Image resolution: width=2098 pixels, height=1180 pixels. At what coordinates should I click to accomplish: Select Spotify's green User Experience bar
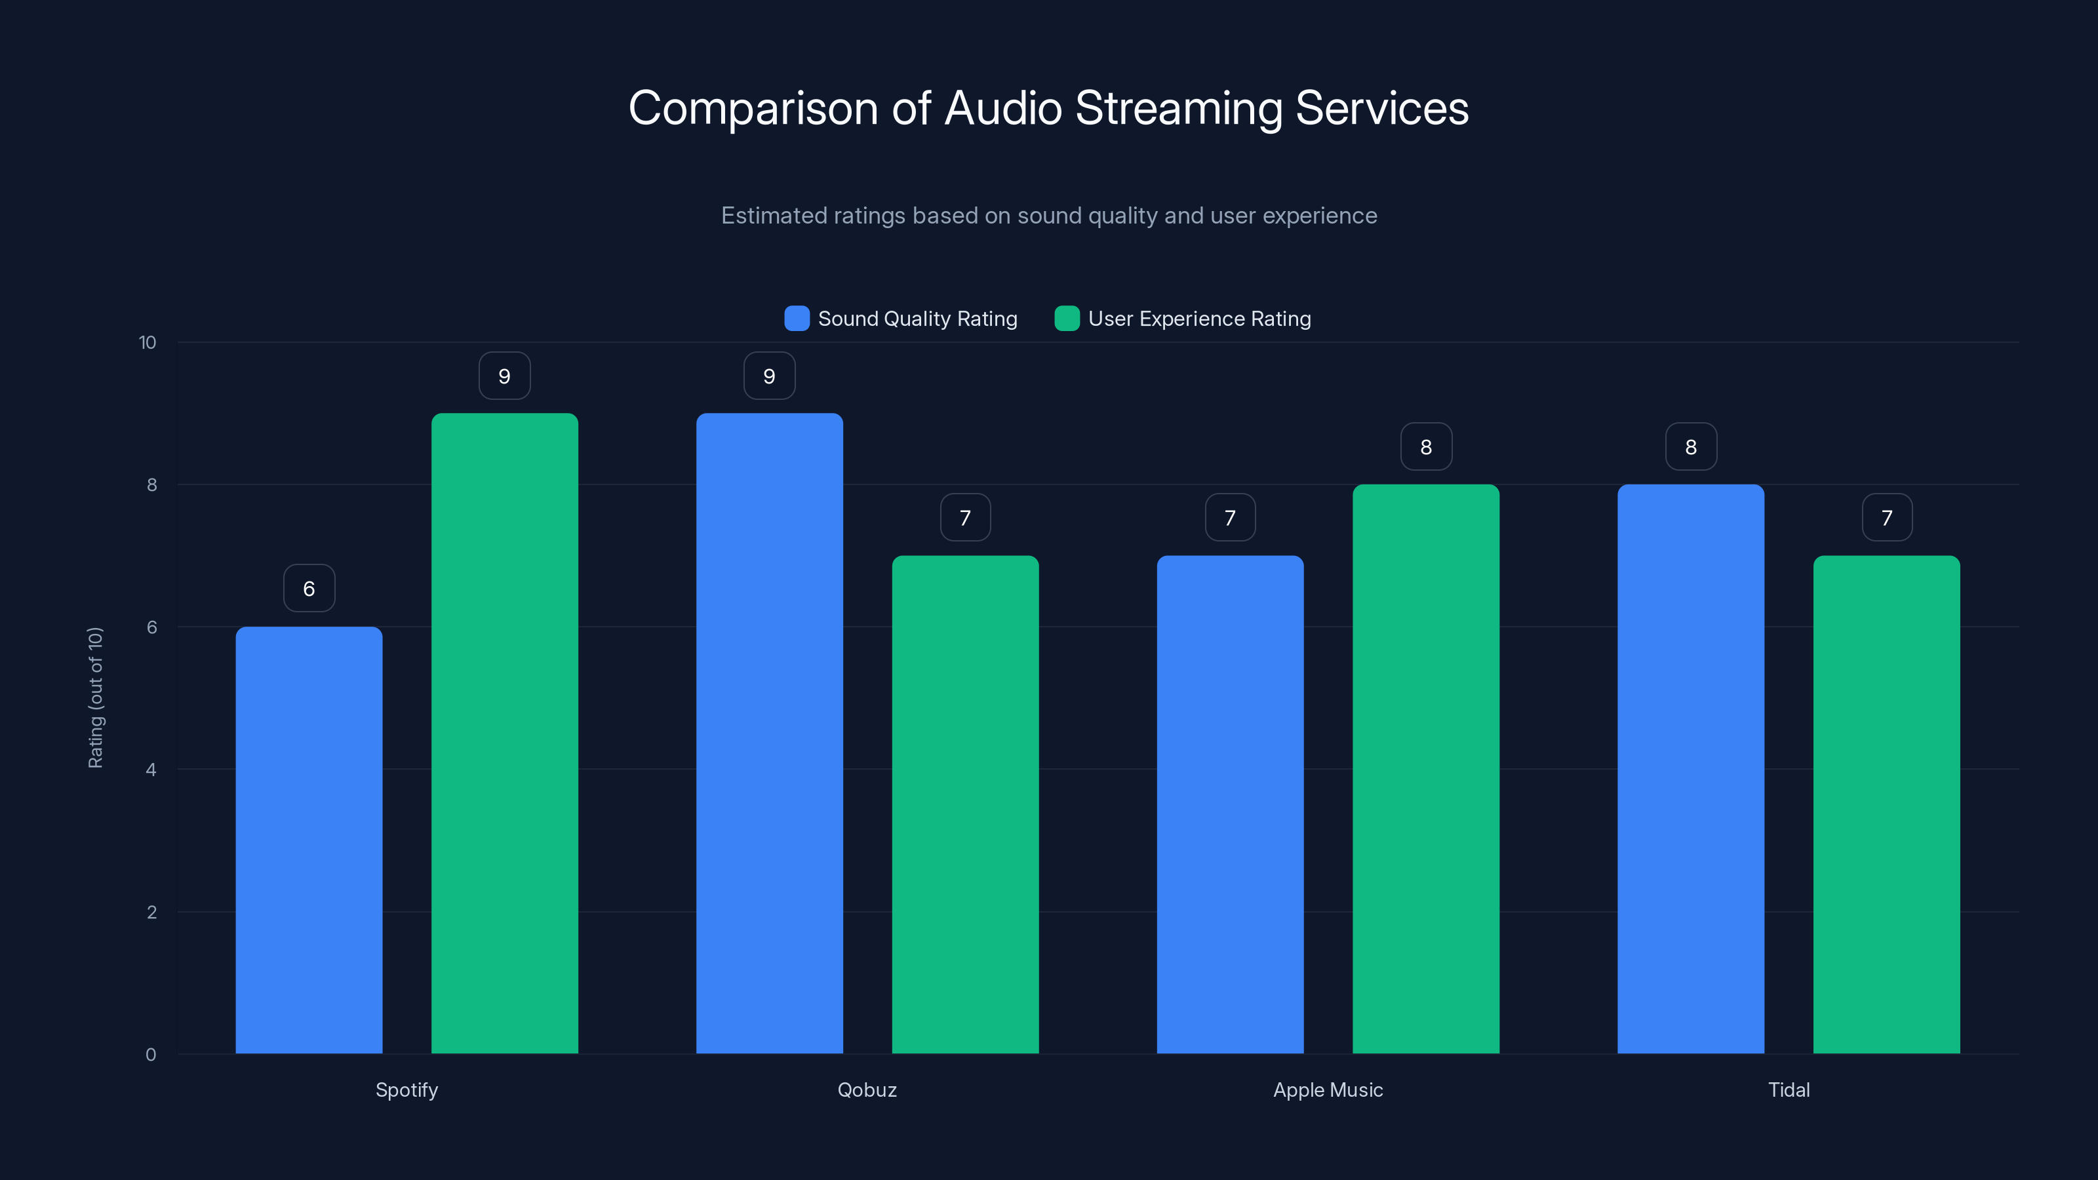coord(504,733)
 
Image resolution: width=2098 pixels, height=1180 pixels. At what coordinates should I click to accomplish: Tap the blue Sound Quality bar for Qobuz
coord(769,733)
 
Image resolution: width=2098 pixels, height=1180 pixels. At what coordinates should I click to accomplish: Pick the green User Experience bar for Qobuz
coord(965,804)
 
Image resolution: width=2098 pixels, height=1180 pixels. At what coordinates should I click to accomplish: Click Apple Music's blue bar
coord(1230,804)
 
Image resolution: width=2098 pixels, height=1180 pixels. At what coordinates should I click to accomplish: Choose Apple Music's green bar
coord(1425,769)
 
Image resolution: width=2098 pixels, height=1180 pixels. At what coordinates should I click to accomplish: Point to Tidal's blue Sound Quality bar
coord(1691,769)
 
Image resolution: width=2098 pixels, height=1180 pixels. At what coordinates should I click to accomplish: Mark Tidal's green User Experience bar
coord(1886,804)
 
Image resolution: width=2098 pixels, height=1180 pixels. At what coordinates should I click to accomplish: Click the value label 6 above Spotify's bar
coord(309,588)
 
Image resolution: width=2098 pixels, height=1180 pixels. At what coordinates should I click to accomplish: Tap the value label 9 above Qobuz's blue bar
coord(769,376)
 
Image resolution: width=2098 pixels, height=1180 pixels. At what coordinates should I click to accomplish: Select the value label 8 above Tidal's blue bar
coord(1691,446)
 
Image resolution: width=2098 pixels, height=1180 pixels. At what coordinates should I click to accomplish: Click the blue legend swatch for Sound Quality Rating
coord(797,319)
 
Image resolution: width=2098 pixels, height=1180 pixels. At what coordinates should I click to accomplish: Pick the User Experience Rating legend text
coord(1199,319)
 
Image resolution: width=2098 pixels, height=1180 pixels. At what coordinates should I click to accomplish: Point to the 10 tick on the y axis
coord(148,342)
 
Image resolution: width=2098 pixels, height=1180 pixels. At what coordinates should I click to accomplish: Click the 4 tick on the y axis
coord(151,770)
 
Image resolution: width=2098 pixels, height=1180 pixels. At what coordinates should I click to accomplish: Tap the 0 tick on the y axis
coord(151,1055)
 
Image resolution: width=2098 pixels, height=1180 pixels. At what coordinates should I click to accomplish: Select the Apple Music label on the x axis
coord(1328,1090)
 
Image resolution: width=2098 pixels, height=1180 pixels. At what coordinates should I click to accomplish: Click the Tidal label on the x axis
coord(1789,1090)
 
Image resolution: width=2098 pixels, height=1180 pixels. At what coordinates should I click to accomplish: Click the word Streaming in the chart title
coord(1179,108)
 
